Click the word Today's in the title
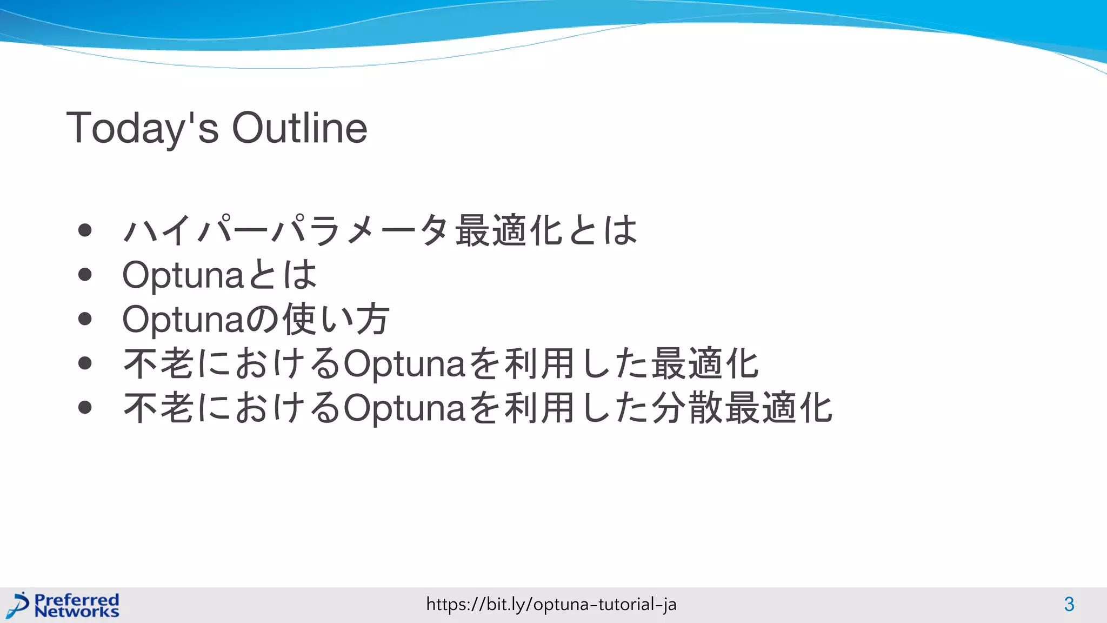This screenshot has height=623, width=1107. click(x=142, y=128)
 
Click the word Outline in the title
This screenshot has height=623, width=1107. click(x=299, y=128)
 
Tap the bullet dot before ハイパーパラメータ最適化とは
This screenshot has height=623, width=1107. click(x=85, y=230)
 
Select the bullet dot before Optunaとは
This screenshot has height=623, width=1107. click(x=85, y=275)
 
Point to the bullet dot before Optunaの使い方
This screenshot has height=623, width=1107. click(x=85, y=319)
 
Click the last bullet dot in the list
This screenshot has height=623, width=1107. click(x=85, y=407)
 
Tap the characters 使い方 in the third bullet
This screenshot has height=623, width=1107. click(x=336, y=319)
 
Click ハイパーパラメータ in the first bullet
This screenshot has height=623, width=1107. click(x=286, y=230)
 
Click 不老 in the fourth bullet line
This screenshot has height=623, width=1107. click(x=159, y=363)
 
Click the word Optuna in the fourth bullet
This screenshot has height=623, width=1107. click(x=404, y=364)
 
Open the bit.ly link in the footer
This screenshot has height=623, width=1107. click(x=551, y=604)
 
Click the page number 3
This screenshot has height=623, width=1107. click(x=1069, y=604)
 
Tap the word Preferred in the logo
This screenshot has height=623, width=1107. click(x=76, y=599)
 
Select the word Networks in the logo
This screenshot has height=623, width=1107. click(x=76, y=612)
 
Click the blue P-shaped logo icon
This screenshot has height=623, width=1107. click(x=19, y=605)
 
